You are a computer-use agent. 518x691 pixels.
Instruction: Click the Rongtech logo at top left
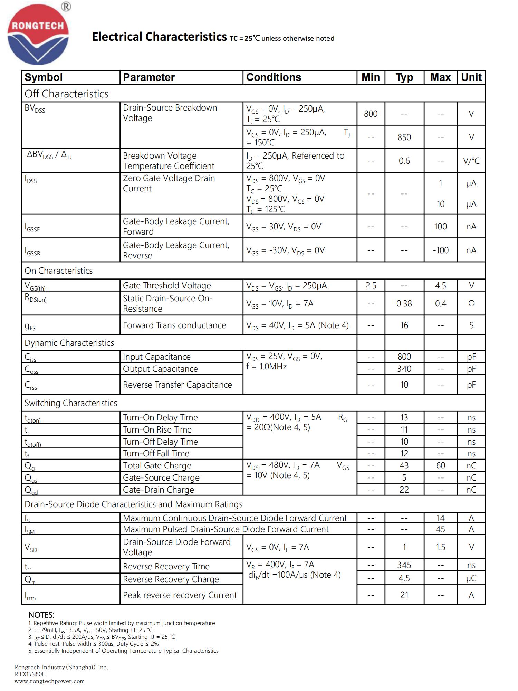click(x=38, y=35)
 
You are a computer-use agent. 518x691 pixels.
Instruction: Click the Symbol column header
click(x=44, y=77)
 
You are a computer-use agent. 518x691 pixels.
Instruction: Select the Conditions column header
click(x=274, y=77)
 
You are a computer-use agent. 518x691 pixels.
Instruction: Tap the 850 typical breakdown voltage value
click(x=404, y=138)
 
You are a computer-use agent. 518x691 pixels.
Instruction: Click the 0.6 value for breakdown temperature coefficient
click(x=404, y=161)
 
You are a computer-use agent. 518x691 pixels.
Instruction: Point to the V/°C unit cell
click(x=471, y=161)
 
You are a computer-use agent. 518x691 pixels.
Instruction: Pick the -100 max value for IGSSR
click(x=441, y=250)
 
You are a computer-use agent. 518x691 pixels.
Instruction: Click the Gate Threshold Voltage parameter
click(x=167, y=286)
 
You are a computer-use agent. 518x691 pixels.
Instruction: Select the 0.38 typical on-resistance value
click(x=404, y=304)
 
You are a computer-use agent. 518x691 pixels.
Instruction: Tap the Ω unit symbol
click(x=471, y=304)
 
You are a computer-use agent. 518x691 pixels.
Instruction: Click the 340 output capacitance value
click(x=404, y=369)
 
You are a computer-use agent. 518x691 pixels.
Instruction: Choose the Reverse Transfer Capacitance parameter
click(x=178, y=385)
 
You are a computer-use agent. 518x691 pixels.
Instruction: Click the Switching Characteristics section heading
click(x=71, y=403)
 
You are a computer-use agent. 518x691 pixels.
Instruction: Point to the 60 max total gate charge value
click(x=441, y=466)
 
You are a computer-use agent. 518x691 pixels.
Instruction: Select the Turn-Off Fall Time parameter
click(x=156, y=454)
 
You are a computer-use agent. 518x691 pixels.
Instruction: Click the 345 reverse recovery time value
click(x=404, y=565)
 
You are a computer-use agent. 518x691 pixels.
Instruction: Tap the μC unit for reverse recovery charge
click(x=471, y=578)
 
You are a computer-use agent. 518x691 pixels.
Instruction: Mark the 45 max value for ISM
click(x=441, y=529)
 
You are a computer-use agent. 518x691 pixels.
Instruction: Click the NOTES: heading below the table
click(x=41, y=615)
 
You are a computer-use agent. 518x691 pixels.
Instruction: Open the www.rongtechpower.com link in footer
click(x=49, y=681)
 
